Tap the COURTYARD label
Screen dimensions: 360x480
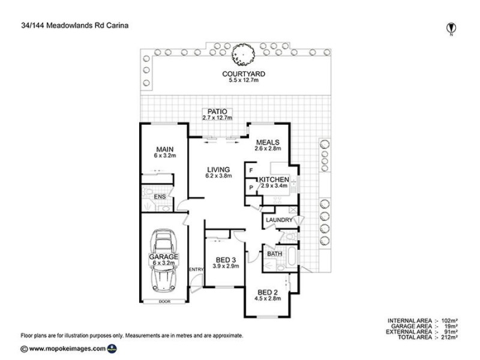(x=244, y=74)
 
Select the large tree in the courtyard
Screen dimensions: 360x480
(x=244, y=56)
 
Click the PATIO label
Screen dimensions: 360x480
(x=215, y=112)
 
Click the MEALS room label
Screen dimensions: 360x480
(x=267, y=142)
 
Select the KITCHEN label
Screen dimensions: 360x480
(x=274, y=179)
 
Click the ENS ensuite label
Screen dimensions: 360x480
(x=160, y=196)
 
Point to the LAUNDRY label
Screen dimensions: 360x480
(x=278, y=221)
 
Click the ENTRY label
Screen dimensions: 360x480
(x=196, y=269)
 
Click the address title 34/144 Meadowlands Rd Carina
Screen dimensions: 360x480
(x=69, y=26)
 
